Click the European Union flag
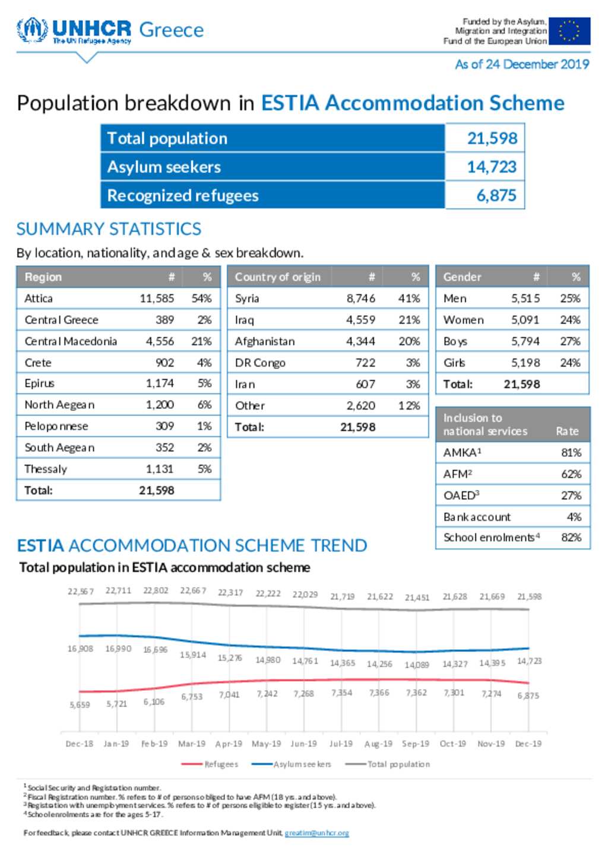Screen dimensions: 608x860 pyautogui.click(x=569, y=31)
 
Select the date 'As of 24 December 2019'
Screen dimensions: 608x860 pyautogui.click(x=522, y=64)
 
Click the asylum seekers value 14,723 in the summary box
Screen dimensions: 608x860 pyautogui.click(x=492, y=167)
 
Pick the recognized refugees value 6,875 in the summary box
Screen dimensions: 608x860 pyautogui.click(x=496, y=195)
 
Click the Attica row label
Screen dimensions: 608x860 pyautogui.click(x=39, y=299)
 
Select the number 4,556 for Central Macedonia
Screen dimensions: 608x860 pyautogui.click(x=160, y=341)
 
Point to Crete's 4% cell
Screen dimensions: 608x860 pyautogui.click(x=204, y=363)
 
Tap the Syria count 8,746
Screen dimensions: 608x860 pyautogui.click(x=360, y=299)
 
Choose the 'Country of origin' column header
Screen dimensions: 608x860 pyautogui.click(x=278, y=277)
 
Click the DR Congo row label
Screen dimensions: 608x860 pyautogui.click(x=260, y=363)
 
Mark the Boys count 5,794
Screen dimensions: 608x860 pyautogui.click(x=525, y=341)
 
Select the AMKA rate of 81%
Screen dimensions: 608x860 pyautogui.click(x=571, y=453)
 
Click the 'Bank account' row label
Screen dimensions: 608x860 pyautogui.click(x=477, y=517)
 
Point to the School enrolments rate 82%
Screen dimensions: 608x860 pyautogui.click(x=571, y=537)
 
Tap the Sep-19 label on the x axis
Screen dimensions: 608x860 pyautogui.click(x=416, y=744)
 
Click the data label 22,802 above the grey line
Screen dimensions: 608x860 pyautogui.click(x=156, y=591)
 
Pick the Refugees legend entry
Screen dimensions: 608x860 pyautogui.click(x=210, y=764)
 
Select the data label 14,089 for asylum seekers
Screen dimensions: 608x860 pyautogui.click(x=417, y=665)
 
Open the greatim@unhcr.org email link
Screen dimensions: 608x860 pyautogui.click(x=317, y=833)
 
